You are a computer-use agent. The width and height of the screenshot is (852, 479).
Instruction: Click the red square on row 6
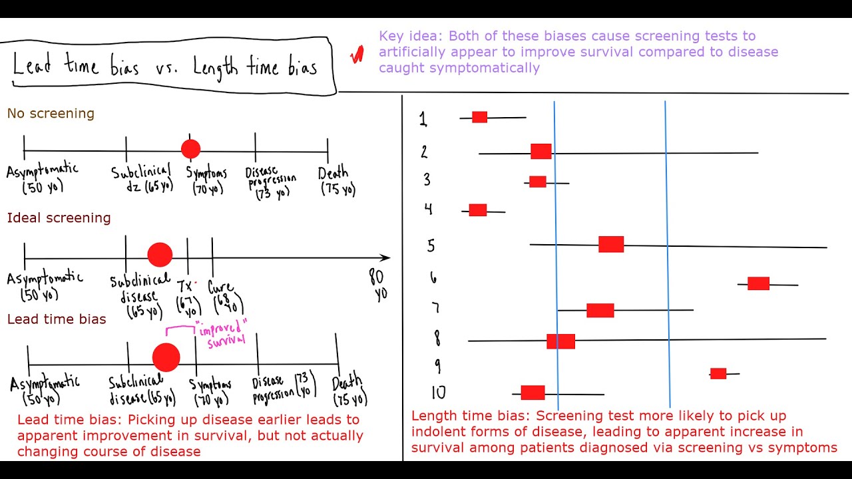(x=758, y=283)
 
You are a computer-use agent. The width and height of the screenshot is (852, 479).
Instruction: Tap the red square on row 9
(x=718, y=373)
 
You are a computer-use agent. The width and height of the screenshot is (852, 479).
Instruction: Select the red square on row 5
(x=611, y=244)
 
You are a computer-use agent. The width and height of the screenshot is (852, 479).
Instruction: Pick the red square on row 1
(x=479, y=117)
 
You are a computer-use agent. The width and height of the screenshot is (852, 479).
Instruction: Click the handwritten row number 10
(x=438, y=393)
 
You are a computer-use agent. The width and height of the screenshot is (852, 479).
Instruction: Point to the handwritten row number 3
(x=427, y=180)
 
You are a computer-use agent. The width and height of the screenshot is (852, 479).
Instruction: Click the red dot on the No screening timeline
(x=190, y=149)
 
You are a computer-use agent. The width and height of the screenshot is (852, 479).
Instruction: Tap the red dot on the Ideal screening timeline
(x=160, y=254)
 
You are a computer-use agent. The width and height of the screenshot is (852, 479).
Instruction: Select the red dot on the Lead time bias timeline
(x=166, y=357)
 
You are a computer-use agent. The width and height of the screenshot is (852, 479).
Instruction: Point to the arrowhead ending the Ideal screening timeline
(x=385, y=257)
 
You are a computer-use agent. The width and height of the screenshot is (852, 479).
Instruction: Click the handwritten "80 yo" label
(x=377, y=285)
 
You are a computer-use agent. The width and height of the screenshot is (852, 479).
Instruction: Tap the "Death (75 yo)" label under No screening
(x=337, y=181)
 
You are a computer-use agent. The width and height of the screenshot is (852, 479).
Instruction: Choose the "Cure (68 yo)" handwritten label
(x=224, y=297)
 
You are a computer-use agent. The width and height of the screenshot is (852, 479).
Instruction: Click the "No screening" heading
(x=51, y=114)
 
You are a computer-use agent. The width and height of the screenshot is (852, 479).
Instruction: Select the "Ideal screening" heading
(x=59, y=218)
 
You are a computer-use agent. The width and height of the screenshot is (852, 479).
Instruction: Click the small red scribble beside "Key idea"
(x=357, y=55)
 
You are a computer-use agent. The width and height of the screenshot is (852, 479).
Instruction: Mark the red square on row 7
(x=600, y=310)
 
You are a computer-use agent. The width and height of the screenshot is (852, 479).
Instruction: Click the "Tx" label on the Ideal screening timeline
(x=185, y=286)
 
